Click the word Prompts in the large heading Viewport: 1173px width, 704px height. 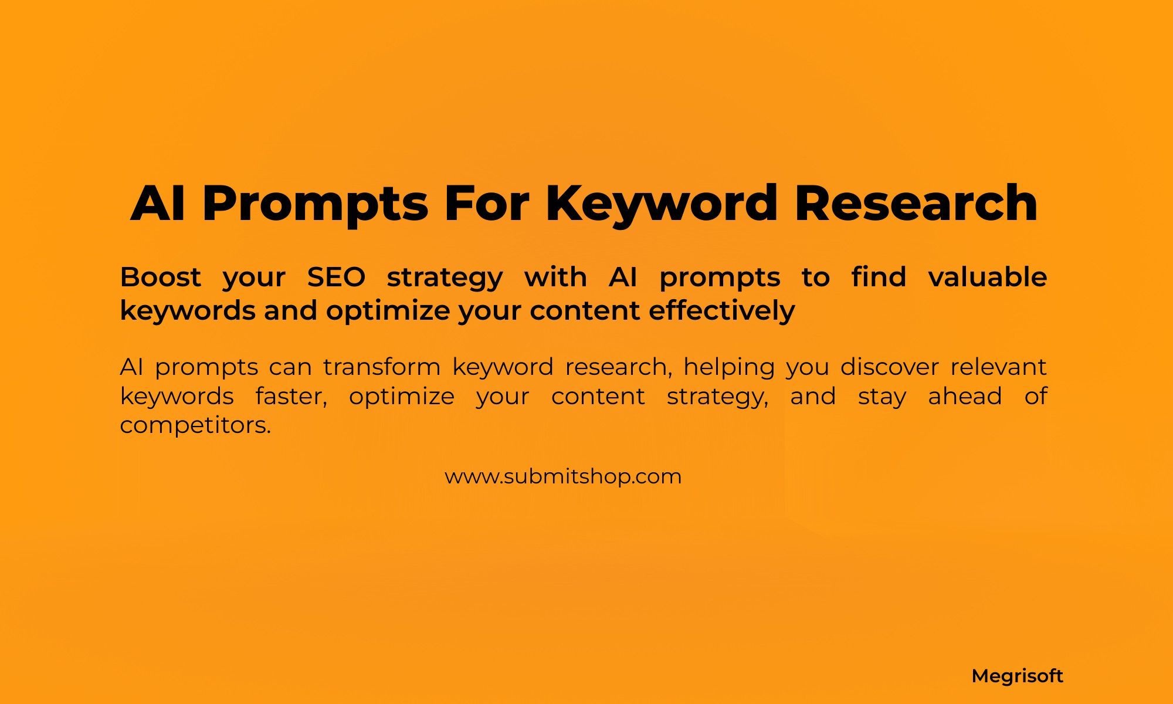(x=315, y=204)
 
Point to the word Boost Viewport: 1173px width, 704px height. (x=160, y=277)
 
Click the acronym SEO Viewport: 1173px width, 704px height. (x=336, y=277)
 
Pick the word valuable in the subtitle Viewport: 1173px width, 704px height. (x=987, y=277)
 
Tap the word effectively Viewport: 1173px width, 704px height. (x=721, y=310)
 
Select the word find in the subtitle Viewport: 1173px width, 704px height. (x=879, y=277)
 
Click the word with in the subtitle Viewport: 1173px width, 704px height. (x=555, y=277)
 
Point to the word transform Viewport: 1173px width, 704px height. (x=382, y=367)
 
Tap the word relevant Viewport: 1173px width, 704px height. (x=998, y=367)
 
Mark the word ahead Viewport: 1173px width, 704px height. (x=965, y=397)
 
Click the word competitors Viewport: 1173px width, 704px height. (x=195, y=425)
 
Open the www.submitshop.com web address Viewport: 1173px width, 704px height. (x=563, y=476)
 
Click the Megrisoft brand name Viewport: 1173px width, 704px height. (x=1017, y=676)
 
